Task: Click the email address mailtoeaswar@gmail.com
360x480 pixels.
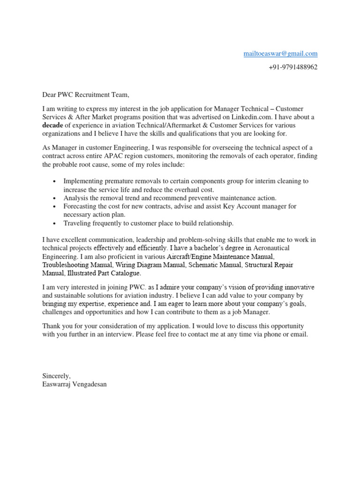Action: click(x=280, y=54)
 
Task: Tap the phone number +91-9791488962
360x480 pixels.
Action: click(x=293, y=67)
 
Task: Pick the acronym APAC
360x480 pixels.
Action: click(x=122, y=156)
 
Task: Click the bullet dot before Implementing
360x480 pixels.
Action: click(x=55, y=181)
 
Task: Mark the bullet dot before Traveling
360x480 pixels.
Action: click(x=55, y=224)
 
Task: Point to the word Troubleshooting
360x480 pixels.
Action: click(x=71, y=265)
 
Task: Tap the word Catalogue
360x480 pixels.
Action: click(x=124, y=273)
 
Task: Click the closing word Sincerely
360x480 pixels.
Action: click(x=56, y=376)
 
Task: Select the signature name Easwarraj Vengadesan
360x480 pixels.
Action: click(x=75, y=384)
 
